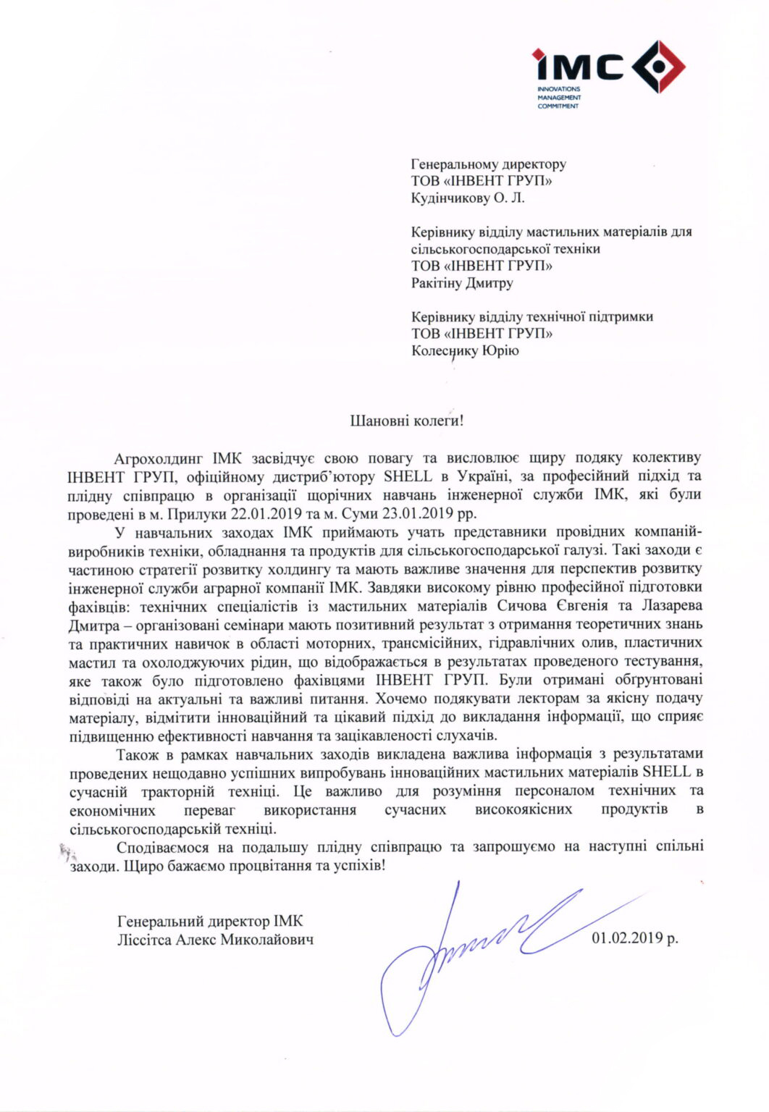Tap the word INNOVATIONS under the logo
pyautogui.click(x=558, y=89)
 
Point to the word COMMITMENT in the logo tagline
pyautogui.click(x=558, y=106)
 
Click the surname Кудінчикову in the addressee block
pyautogui.click(x=449, y=198)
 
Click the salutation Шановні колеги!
pyautogui.click(x=406, y=420)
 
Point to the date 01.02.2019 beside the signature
pyautogui.click(x=634, y=938)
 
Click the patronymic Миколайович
pyautogui.click(x=267, y=940)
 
